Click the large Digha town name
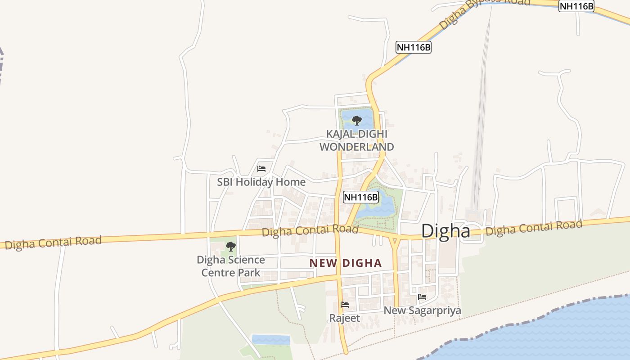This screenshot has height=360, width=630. pyautogui.click(x=445, y=231)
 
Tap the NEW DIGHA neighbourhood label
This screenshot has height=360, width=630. pyautogui.click(x=346, y=263)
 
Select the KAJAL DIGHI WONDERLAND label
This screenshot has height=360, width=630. pyautogui.click(x=356, y=140)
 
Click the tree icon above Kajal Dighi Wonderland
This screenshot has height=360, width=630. pyautogui.click(x=357, y=120)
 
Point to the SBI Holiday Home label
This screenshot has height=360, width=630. pyautogui.click(x=261, y=182)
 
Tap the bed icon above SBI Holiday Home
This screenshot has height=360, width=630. pyautogui.click(x=261, y=169)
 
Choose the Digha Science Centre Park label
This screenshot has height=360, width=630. pyautogui.click(x=231, y=266)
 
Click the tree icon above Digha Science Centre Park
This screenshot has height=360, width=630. pyautogui.click(x=230, y=246)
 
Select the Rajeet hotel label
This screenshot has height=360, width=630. pyautogui.click(x=345, y=318)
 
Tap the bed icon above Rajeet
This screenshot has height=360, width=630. pyautogui.click(x=345, y=305)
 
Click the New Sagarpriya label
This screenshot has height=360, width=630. pyautogui.click(x=422, y=310)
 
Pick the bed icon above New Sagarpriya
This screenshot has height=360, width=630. pyautogui.click(x=422, y=297)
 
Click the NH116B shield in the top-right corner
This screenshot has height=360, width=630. pyautogui.click(x=576, y=6)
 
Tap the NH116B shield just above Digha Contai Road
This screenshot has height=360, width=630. pyautogui.click(x=361, y=197)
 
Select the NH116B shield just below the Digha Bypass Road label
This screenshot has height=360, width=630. pyautogui.click(x=414, y=47)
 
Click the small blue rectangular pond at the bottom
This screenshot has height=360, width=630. pyautogui.click(x=271, y=339)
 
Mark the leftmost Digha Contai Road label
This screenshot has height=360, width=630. pyautogui.click(x=54, y=243)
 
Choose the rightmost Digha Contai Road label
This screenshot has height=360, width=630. pyautogui.click(x=534, y=228)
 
